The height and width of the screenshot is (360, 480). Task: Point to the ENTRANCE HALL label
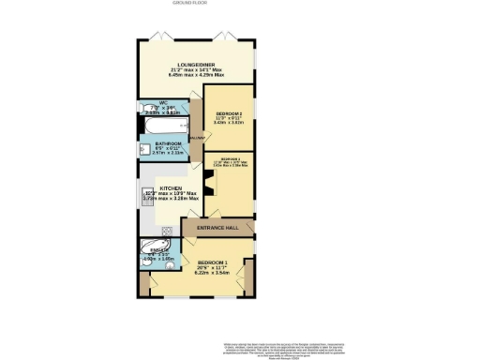(217, 228)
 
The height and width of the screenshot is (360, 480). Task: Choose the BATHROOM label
(169, 143)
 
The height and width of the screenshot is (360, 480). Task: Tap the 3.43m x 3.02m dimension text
(228, 123)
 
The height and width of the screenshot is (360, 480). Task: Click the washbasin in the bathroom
(145, 147)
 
